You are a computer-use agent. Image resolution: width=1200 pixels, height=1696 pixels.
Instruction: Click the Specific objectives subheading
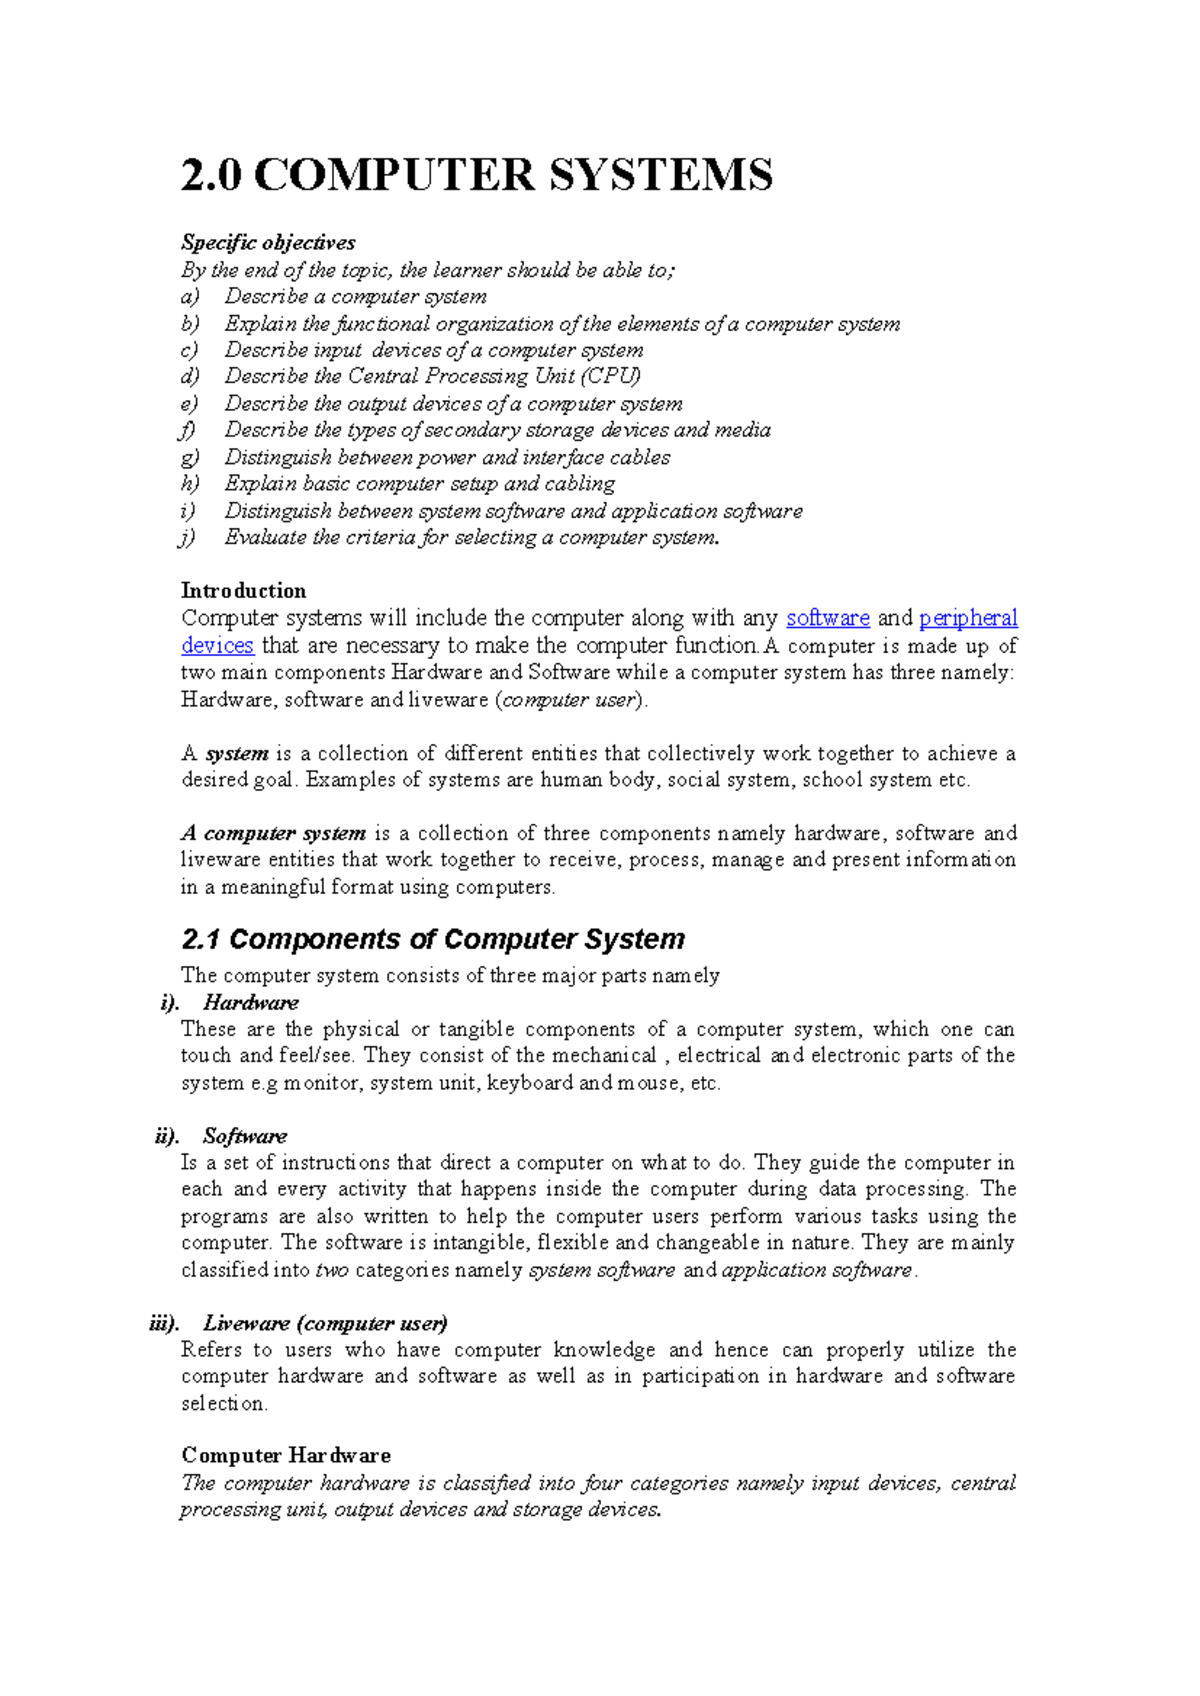pyautogui.click(x=268, y=243)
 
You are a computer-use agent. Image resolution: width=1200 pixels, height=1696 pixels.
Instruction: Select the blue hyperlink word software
pyautogui.click(x=828, y=618)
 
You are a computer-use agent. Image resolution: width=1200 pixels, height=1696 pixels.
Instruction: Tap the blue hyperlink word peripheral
pyautogui.click(x=968, y=618)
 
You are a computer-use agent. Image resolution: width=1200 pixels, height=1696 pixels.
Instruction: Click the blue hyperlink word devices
pyautogui.click(x=217, y=645)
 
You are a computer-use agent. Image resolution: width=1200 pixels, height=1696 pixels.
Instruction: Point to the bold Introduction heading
pyautogui.click(x=243, y=591)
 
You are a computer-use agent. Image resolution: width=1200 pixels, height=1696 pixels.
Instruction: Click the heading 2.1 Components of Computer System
pyautogui.click(x=433, y=939)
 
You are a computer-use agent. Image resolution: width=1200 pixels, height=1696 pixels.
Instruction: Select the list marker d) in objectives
pyautogui.click(x=190, y=377)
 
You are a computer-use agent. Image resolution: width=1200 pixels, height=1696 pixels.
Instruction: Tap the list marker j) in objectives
pyautogui.click(x=188, y=538)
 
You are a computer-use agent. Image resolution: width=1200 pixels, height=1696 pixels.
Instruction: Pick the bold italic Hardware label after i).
pyautogui.click(x=250, y=1003)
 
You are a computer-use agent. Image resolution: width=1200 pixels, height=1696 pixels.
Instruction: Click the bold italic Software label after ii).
pyautogui.click(x=244, y=1136)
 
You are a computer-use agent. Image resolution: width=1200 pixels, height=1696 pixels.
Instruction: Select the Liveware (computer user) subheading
pyautogui.click(x=325, y=1324)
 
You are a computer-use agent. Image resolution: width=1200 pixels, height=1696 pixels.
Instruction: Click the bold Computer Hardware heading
pyautogui.click(x=286, y=1456)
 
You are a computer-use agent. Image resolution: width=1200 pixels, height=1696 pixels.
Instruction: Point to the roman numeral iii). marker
pyautogui.click(x=165, y=1324)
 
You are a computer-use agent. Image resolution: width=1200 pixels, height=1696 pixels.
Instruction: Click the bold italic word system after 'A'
pyautogui.click(x=237, y=754)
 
